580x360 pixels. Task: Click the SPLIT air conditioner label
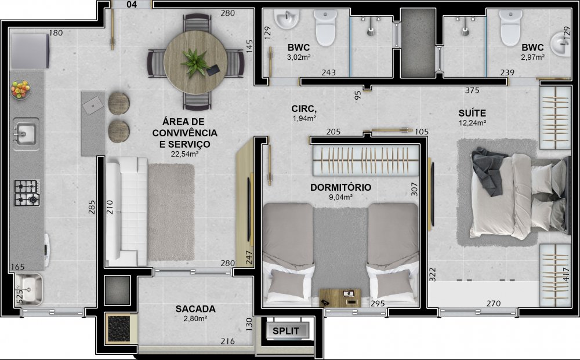[286, 331]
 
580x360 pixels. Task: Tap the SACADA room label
[195, 308]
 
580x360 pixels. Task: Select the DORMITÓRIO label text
[340, 187]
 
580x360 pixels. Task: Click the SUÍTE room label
[472, 113]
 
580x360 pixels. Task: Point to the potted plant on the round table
[194, 62]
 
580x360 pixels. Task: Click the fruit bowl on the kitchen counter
[21, 89]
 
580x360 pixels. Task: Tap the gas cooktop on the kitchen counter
[27, 192]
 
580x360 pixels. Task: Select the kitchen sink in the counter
[26, 134]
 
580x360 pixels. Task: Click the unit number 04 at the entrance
[131, 5]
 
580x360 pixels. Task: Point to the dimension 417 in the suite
[565, 275]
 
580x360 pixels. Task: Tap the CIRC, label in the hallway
[304, 108]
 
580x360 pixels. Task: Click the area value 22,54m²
[184, 154]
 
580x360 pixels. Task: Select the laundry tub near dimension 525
[29, 289]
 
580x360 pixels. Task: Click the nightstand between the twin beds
[340, 298]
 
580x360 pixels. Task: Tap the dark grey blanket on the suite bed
[488, 171]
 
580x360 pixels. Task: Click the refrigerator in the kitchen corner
[30, 51]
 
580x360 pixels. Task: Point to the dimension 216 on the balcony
[227, 341]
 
